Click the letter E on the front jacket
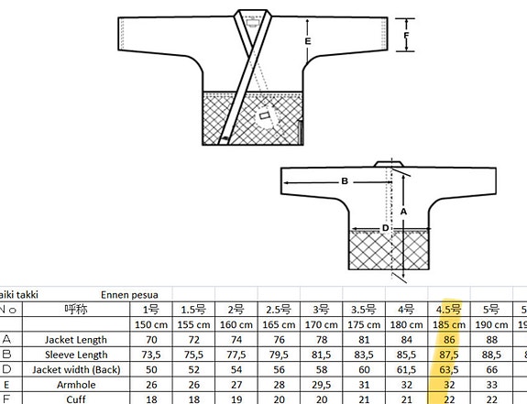point(308,42)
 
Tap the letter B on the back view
point(345,181)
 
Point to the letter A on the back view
point(404,210)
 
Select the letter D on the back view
point(386,228)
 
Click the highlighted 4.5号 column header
point(450,310)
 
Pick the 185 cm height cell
point(450,324)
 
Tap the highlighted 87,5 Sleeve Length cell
point(450,355)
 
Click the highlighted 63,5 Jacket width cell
point(450,369)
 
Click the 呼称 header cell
point(77,310)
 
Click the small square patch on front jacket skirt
point(266,118)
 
